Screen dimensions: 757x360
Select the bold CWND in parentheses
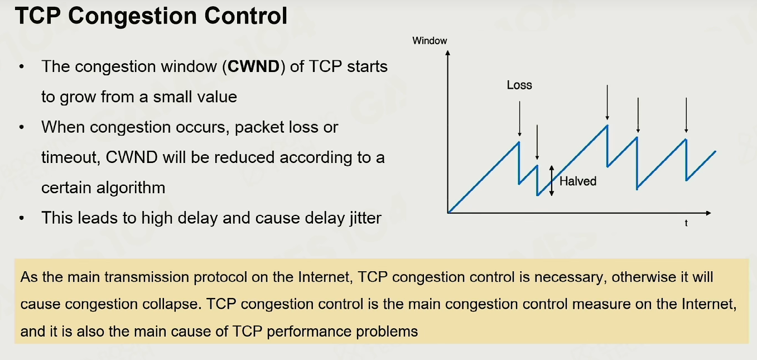(x=253, y=66)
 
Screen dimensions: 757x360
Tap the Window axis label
(x=430, y=41)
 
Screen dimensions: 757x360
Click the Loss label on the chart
(x=519, y=85)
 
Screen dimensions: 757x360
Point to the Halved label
(x=578, y=181)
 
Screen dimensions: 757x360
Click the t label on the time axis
(x=686, y=223)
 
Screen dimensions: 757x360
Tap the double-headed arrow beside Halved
(x=552, y=181)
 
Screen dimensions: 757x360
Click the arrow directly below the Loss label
(x=519, y=119)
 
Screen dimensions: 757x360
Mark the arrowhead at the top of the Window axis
(x=448, y=52)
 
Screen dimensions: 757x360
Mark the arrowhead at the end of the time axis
(x=708, y=213)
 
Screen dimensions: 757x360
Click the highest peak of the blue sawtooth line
(x=607, y=126)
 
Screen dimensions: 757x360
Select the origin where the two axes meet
(x=448, y=213)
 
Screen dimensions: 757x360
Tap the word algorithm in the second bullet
(x=131, y=188)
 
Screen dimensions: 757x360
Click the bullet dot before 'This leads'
(x=22, y=218)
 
